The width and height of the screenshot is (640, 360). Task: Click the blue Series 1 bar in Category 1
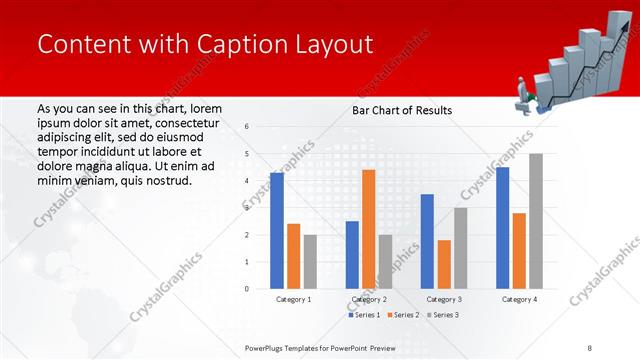tap(277, 231)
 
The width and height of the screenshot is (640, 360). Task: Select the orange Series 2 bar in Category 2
tap(368, 229)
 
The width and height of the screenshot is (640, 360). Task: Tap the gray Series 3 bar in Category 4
tap(535, 221)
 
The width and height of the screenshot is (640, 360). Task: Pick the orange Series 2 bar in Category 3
tap(444, 264)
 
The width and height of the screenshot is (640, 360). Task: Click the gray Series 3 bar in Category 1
tap(310, 262)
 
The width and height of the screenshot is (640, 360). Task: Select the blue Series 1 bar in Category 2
tap(352, 255)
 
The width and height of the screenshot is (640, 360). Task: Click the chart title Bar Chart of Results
tap(401, 110)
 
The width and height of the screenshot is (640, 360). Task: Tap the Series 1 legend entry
tap(365, 315)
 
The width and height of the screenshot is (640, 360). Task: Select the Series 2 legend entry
tap(402, 315)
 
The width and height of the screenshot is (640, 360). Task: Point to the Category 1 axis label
tap(293, 299)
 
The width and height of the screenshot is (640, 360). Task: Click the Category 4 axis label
tap(519, 299)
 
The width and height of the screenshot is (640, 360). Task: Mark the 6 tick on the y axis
tap(246, 127)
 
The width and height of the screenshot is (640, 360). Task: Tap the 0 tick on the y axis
tap(246, 289)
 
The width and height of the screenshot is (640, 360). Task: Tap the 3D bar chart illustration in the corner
tap(574, 64)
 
